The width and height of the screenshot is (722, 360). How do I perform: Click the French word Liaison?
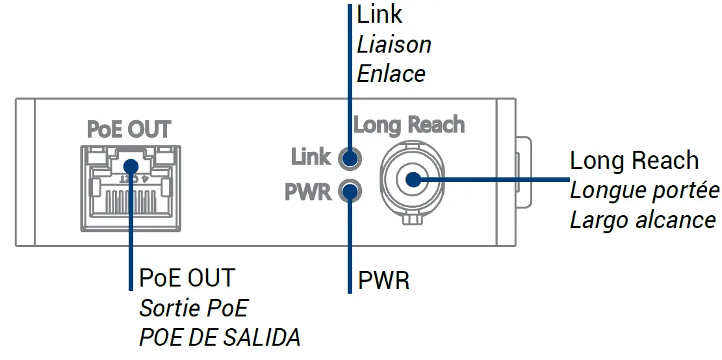(x=394, y=45)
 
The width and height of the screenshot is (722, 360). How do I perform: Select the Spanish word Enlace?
(x=391, y=73)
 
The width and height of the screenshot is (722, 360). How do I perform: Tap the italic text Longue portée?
(x=644, y=190)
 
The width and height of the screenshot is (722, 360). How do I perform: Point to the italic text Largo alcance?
(x=643, y=220)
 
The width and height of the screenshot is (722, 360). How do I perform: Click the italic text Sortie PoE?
(x=194, y=307)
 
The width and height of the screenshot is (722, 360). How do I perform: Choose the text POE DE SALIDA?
(x=220, y=337)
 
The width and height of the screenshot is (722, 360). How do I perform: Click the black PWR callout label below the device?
(x=383, y=281)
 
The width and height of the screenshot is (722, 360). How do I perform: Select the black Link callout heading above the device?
(x=380, y=14)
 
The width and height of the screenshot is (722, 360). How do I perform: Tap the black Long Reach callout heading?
(x=634, y=161)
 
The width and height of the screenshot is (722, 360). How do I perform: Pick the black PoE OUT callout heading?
(x=187, y=278)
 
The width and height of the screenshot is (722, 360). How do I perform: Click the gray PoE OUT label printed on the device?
(x=129, y=129)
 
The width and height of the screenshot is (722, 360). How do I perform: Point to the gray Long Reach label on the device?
(x=409, y=124)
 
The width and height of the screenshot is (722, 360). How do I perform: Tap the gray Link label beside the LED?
(x=311, y=157)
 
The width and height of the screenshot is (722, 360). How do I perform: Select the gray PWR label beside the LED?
(x=308, y=192)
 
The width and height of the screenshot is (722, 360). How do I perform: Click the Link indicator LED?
(x=350, y=158)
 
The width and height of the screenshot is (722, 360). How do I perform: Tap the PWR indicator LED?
(x=350, y=192)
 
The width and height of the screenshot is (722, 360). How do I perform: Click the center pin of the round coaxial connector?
(x=411, y=180)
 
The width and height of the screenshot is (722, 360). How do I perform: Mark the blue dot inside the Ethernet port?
(x=131, y=166)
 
